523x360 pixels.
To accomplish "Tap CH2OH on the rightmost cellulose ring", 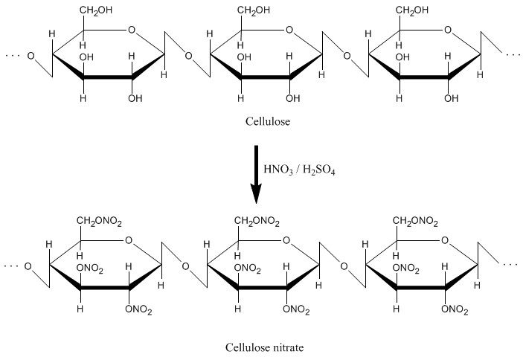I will point(414,11).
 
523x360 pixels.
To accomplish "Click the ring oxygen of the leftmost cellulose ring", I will point(132,31).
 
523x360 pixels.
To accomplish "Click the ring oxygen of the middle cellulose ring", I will point(289,31).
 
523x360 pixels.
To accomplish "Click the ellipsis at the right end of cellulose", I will point(513,55).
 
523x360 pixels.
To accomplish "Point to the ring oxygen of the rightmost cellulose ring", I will point(447,31).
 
